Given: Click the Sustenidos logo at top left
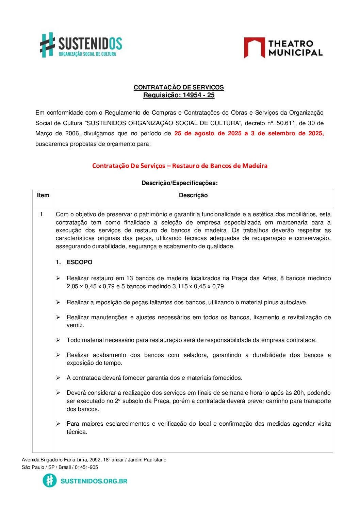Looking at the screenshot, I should (x=81, y=45).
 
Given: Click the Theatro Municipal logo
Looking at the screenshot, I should (x=283, y=48).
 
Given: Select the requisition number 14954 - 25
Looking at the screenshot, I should (x=198, y=95).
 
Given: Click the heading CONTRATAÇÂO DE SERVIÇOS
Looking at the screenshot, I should (x=179, y=87).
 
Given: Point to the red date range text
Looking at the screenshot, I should (x=249, y=133).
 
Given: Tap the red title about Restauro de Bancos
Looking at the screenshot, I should (x=180, y=166).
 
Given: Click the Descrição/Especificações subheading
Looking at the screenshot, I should (x=179, y=183).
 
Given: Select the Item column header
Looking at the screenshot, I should (x=43, y=195).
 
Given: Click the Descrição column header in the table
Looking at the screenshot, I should (x=193, y=195).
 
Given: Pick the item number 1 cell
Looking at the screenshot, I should (x=42, y=214).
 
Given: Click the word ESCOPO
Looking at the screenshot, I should (x=80, y=262).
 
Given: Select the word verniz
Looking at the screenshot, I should (x=75, y=325).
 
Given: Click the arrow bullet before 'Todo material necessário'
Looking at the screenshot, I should (x=58, y=340).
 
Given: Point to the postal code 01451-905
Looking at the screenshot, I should (x=86, y=467).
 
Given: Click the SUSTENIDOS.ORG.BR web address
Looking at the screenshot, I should (x=94, y=481).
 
